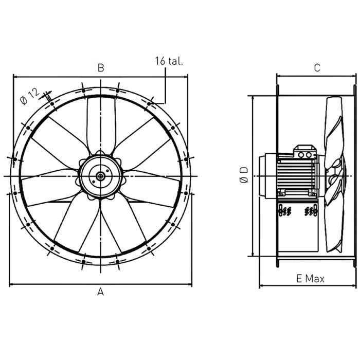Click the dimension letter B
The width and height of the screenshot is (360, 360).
101,67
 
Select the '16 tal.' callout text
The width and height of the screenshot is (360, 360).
169,61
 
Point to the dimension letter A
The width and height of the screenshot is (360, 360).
101,292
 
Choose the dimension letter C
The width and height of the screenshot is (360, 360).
317,67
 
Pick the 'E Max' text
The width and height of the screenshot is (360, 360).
310,279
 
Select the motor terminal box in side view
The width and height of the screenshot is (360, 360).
303,153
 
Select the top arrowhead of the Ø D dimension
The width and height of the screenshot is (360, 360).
253,98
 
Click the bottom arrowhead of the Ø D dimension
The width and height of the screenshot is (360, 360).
253,254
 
